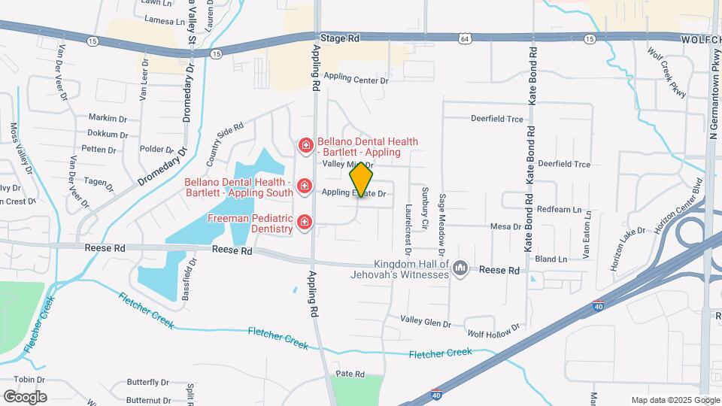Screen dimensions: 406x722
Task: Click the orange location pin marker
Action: coord(362,179)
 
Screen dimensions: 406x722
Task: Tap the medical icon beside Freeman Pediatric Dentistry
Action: coord(305,221)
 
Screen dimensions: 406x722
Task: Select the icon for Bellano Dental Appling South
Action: coord(305,185)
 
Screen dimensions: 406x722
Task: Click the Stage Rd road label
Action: coord(340,37)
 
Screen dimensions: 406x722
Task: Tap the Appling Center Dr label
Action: coord(356,78)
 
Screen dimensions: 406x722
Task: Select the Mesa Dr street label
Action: coord(505,226)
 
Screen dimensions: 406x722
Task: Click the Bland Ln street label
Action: coord(551,259)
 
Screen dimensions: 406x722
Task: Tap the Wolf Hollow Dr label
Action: coord(493,332)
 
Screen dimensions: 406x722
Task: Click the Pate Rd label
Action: coord(350,374)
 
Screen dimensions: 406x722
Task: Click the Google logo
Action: coord(25,396)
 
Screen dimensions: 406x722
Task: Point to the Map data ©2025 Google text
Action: coord(675,400)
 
